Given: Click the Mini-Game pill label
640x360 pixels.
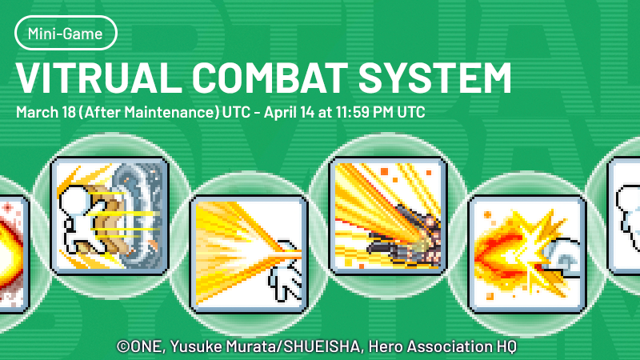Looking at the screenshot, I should click(66, 34).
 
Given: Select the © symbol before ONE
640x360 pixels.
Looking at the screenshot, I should click(124, 346).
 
